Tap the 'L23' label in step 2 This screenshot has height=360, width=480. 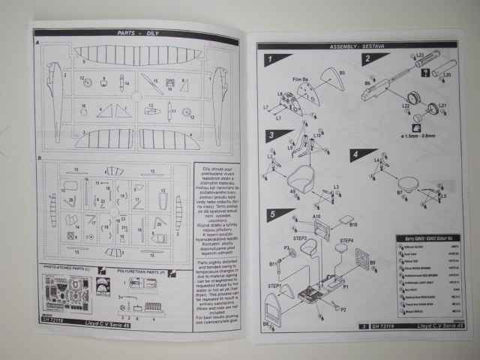(x=420, y=55)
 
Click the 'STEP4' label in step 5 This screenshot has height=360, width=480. (x=346, y=241)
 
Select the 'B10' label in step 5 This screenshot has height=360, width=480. (x=353, y=224)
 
